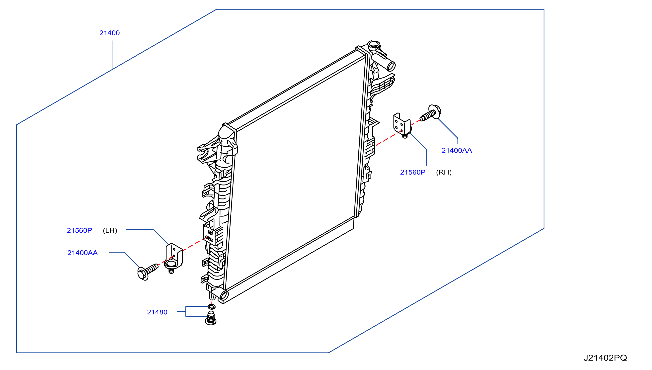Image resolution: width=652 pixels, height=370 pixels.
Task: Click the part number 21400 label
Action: [x=109, y=33]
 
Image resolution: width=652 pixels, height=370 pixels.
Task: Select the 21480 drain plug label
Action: [x=157, y=312]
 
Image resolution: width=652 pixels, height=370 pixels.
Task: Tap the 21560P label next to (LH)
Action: [x=80, y=230]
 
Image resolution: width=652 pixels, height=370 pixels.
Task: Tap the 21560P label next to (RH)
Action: [x=413, y=173]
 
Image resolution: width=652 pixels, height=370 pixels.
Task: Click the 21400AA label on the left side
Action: [x=82, y=253]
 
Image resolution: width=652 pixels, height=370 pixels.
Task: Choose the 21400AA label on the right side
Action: [x=457, y=151]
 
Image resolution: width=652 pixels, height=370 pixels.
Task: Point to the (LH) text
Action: [x=110, y=230]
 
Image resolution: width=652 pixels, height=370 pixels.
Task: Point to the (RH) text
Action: [x=444, y=173]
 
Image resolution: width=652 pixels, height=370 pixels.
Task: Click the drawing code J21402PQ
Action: [x=605, y=358]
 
